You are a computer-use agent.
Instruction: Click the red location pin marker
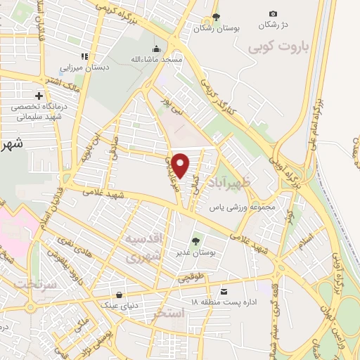(181, 165)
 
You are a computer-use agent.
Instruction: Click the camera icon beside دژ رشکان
(273, 14)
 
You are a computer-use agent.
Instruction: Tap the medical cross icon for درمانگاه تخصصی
(39, 96)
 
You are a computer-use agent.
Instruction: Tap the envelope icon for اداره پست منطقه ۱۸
(224, 291)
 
